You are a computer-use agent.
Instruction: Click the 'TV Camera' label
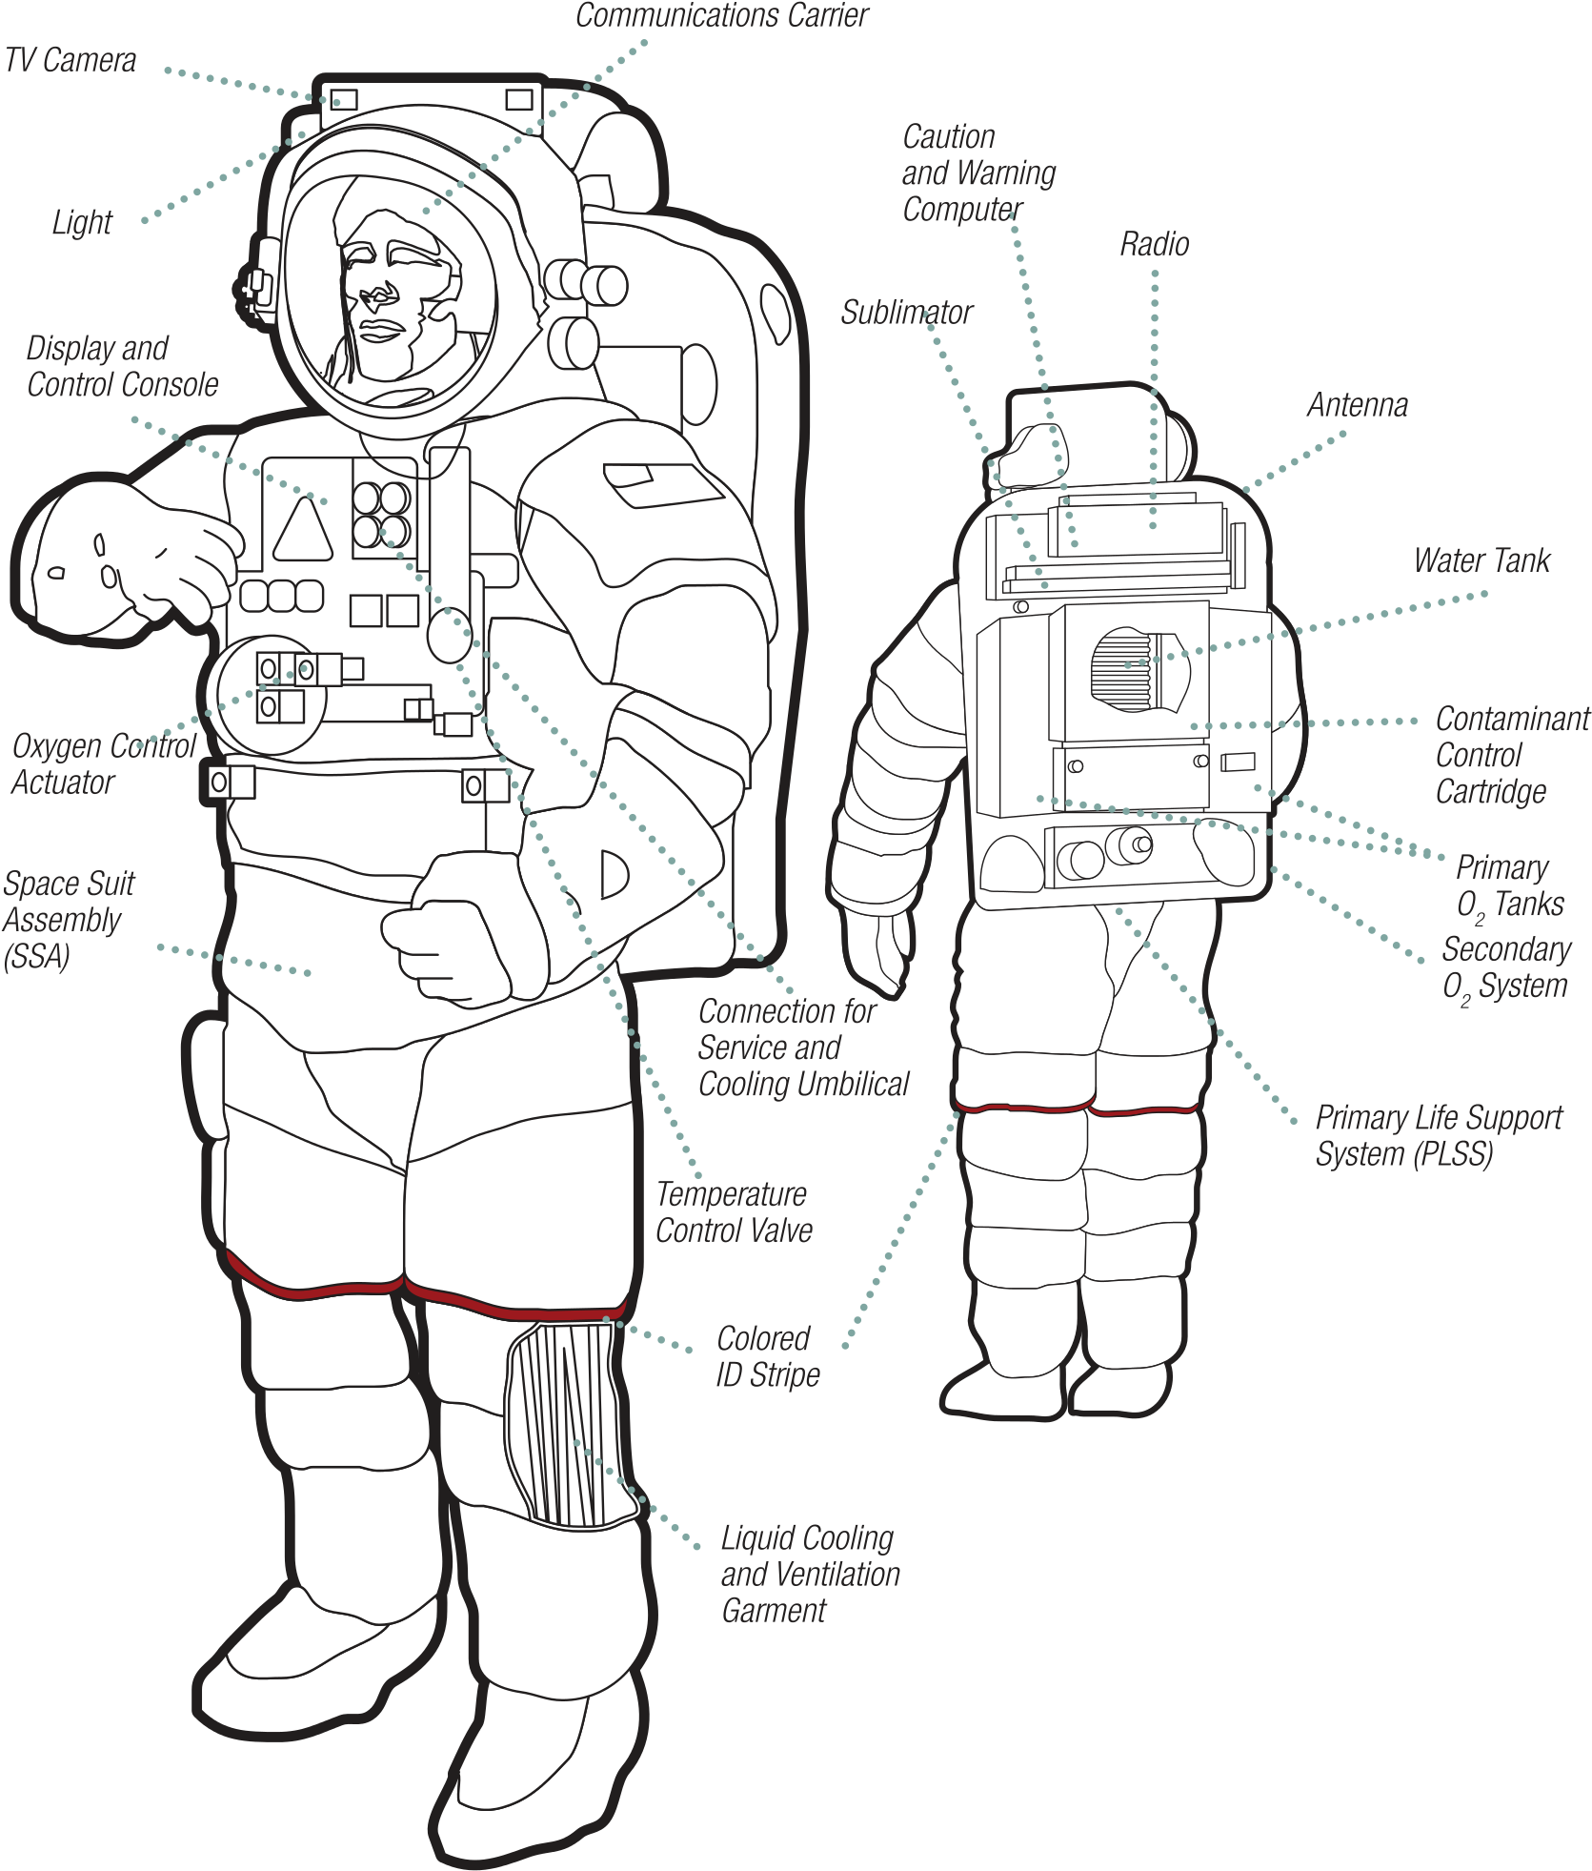pos(71,60)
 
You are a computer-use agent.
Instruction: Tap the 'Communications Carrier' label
pos(722,15)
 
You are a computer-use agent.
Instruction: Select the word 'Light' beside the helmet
pos(82,222)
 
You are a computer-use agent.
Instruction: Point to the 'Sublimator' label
pos(906,312)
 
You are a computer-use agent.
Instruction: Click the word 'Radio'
pos(1155,244)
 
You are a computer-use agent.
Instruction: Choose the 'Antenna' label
pos(1358,405)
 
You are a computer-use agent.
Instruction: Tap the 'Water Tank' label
pos(1481,560)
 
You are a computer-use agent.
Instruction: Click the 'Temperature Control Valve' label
pos(734,1212)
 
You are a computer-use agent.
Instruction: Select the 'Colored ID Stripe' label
pos(768,1356)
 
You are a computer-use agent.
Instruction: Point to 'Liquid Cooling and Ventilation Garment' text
pos(811,1574)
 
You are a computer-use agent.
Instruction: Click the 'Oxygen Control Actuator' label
pos(104,763)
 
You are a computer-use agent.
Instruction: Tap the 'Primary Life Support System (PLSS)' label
pos(1440,1135)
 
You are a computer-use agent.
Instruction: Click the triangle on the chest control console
pos(303,530)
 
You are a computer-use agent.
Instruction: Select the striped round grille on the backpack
pos(1139,669)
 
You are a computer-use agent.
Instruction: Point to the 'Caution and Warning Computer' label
pos(979,173)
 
